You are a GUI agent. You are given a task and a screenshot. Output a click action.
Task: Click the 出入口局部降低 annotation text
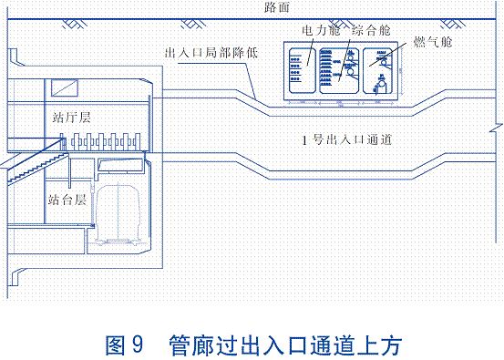click(209, 54)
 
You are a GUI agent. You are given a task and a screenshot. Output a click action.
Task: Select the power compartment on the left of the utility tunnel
click(304, 70)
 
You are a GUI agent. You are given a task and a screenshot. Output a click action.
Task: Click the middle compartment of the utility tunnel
click(343, 70)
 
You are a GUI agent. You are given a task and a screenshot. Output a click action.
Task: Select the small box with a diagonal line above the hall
click(65, 87)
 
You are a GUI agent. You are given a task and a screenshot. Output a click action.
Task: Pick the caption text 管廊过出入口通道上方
click(283, 346)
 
